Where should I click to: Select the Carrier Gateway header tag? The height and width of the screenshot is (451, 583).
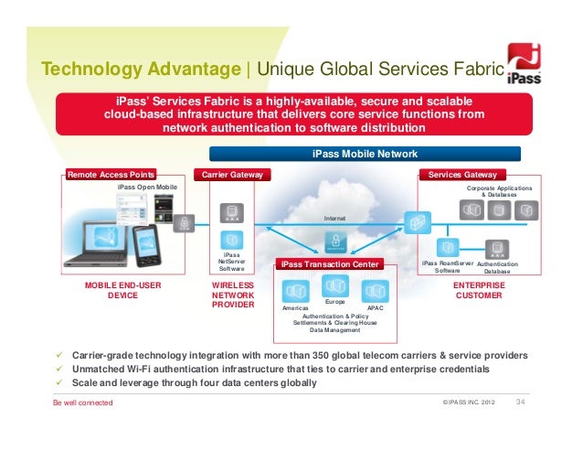coord(232,174)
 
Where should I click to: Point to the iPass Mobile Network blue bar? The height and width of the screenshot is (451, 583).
coord(366,155)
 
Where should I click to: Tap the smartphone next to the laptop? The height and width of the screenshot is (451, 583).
coord(147,242)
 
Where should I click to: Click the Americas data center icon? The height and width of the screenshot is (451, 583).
coord(297,292)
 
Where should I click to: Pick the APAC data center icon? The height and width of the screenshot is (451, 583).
coord(375,292)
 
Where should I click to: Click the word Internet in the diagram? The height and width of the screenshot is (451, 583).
coord(335,218)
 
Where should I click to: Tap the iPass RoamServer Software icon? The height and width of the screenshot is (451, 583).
coord(448,247)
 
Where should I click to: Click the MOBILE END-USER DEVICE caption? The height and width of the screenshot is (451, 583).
coord(123,291)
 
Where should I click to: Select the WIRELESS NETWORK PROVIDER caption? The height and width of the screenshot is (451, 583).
coord(233,295)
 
